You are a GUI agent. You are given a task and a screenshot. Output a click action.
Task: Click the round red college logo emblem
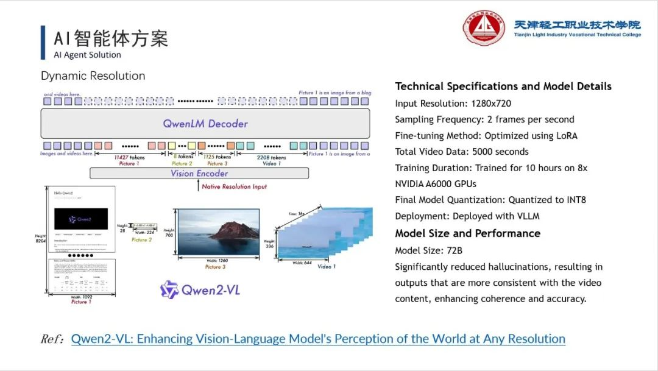tap(484, 28)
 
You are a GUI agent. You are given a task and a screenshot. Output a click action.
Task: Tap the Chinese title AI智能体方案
tap(111, 38)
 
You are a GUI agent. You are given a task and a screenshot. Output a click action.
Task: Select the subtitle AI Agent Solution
tap(88, 55)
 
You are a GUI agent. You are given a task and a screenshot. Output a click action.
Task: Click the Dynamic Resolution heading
tap(93, 76)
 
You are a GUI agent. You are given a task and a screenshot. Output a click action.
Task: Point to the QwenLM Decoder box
tap(205, 124)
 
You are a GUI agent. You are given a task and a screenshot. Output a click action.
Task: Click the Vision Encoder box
tap(199, 174)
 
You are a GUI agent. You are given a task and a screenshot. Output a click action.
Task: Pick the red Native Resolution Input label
tap(235, 186)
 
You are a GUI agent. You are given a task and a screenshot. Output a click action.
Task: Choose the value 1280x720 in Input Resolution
tap(491, 104)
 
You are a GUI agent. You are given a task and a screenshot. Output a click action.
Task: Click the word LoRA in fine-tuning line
tap(564, 135)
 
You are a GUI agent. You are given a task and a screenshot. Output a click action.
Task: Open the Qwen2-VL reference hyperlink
tap(318, 339)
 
